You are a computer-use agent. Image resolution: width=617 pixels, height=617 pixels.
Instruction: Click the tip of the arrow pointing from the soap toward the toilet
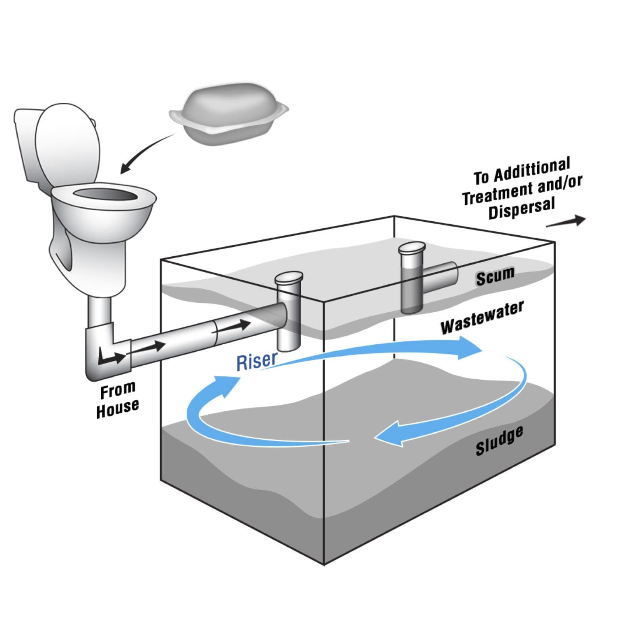(x=121, y=173)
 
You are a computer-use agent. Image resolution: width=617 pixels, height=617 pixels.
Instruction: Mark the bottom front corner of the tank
(x=324, y=565)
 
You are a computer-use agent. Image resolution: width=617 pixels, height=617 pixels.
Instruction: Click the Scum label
(x=495, y=276)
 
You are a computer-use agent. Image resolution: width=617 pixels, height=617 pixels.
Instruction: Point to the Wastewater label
(x=482, y=318)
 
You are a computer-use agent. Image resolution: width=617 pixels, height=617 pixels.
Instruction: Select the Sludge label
(x=500, y=441)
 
